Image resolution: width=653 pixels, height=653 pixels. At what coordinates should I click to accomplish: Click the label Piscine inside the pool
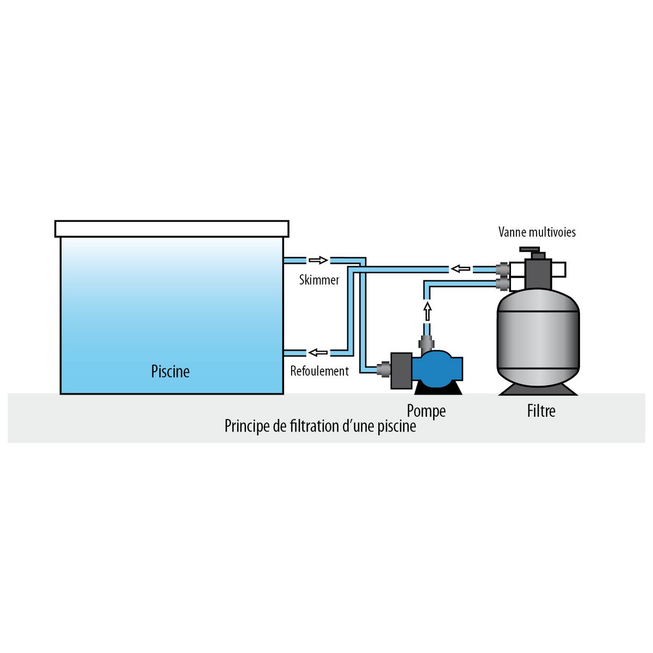coord(170,372)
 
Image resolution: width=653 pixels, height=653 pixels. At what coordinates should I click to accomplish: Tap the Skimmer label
coord(319,280)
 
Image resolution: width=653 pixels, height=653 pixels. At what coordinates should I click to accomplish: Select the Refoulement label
coord(319,371)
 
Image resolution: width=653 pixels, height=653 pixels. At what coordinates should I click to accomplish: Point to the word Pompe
coord(426,411)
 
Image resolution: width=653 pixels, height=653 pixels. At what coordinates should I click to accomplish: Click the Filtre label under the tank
coord(541,410)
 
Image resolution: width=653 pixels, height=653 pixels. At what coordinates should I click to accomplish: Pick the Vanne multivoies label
coord(537,232)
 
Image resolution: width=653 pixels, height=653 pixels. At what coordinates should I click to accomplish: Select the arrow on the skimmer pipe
coord(318,260)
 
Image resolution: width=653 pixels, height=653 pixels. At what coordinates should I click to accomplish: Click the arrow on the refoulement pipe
coord(318,353)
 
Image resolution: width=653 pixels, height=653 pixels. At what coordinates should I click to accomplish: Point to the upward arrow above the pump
coord(427,311)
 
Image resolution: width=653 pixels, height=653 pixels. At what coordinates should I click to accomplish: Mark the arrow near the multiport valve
coord(461,268)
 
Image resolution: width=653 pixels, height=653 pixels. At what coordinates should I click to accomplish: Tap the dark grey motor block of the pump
coord(401,371)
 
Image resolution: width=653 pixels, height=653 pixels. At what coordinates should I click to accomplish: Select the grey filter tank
coord(538,340)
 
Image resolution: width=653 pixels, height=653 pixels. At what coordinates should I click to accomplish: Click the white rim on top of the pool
coord(171,229)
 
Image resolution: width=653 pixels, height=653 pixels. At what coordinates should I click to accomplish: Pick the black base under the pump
coord(438,388)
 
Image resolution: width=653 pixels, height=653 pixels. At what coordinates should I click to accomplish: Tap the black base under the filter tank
coord(538,390)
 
